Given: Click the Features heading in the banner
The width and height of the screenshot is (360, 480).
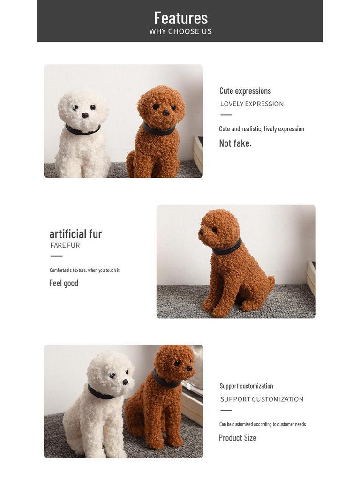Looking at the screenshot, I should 180,18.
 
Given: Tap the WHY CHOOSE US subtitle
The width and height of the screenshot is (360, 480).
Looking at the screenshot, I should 180,31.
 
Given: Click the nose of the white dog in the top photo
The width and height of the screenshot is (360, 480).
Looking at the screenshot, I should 85,115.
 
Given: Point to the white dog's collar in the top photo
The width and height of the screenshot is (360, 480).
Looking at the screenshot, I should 82,130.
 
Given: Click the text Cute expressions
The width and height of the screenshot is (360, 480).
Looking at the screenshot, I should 245,90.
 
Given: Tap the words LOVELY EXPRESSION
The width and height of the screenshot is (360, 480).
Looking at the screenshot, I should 252,104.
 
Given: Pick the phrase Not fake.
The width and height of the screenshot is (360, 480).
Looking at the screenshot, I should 235,143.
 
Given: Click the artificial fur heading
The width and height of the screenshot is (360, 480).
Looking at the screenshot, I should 75,233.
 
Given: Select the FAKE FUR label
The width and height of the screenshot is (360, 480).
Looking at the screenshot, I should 65,245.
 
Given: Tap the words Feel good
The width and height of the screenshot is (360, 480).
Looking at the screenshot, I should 64,283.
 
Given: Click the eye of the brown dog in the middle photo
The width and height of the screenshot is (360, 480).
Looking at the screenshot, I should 214,230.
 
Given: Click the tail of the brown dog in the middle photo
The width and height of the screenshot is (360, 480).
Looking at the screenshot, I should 270,282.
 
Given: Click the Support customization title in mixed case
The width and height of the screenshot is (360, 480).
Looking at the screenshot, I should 247,386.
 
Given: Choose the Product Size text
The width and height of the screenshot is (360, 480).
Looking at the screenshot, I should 238,438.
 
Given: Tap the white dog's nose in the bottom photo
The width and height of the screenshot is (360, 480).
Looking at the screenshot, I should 126,382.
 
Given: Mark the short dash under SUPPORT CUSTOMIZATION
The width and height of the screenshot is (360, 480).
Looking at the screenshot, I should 226,410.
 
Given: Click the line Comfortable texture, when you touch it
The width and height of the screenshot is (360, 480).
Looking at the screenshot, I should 85,270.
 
